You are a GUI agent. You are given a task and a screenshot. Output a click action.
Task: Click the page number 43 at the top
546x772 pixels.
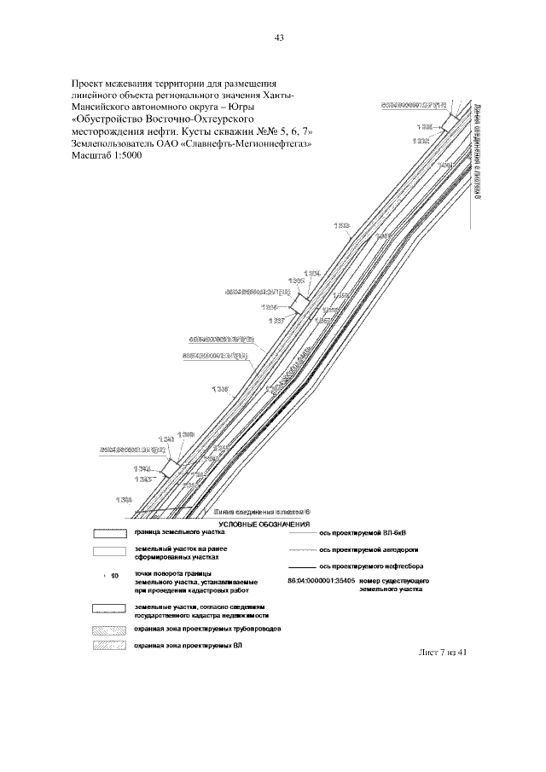[279, 38]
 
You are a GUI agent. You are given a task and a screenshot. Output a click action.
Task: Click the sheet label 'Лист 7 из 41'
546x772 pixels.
[445, 653]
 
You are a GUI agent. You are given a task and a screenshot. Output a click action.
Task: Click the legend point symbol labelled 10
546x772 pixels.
[106, 576]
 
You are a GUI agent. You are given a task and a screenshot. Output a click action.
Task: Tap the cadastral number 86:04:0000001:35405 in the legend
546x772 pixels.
[321, 581]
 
